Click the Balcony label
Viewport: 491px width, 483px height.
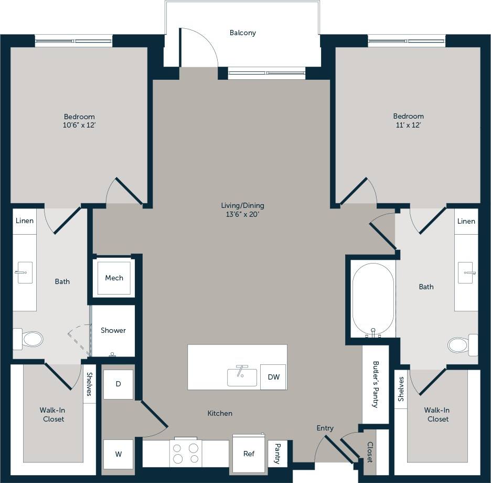[x=242, y=33]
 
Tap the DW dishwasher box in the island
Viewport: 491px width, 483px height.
[x=273, y=377]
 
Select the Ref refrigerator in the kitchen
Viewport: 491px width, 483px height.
[x=249, y=453]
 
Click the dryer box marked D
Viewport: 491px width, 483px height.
[x=118, y=384]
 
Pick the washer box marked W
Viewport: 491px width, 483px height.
[x=118, y=454]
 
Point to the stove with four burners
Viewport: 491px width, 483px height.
[x=186, y=453]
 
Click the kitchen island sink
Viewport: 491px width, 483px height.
[x=242, y=376]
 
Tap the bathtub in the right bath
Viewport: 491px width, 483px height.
[x=373, y=300]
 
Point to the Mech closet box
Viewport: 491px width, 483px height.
[x=114, y=278]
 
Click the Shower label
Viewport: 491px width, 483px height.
[x=113, y=330]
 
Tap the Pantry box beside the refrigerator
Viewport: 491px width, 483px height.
[x=277, y=453]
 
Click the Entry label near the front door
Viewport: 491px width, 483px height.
[x=325, y=428]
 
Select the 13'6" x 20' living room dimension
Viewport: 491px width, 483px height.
[x=242, y=214]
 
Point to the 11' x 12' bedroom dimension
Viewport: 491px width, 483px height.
[x=408, y=125]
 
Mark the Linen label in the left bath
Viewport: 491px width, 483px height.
[x=24, y=220]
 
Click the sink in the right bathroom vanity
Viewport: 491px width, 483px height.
[x=466, y=272]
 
